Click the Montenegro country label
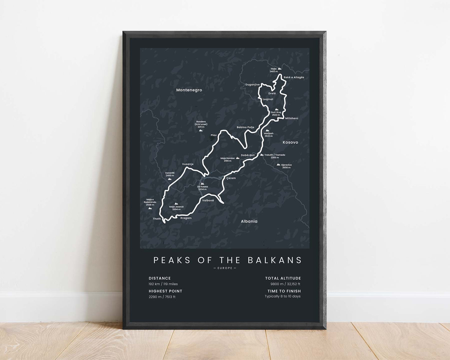click(189, 90)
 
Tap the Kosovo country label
click(290, 142)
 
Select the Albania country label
click(249, 221)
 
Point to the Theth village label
click(157, 219)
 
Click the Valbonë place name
click(208, 200)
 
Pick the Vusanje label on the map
click(188, 164)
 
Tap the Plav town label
click(214, 135)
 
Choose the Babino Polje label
click(245, 127)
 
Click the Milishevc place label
click(292, 118)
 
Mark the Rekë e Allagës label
click(294, 77)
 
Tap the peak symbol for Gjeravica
click(278, 164)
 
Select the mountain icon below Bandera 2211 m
click(201, 130)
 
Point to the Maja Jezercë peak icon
click(176, 204)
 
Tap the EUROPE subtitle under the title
click(225, 268)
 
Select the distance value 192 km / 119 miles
click(163, 284)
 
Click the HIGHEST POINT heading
click(165, 291)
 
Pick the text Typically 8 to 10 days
click(282, 296)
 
